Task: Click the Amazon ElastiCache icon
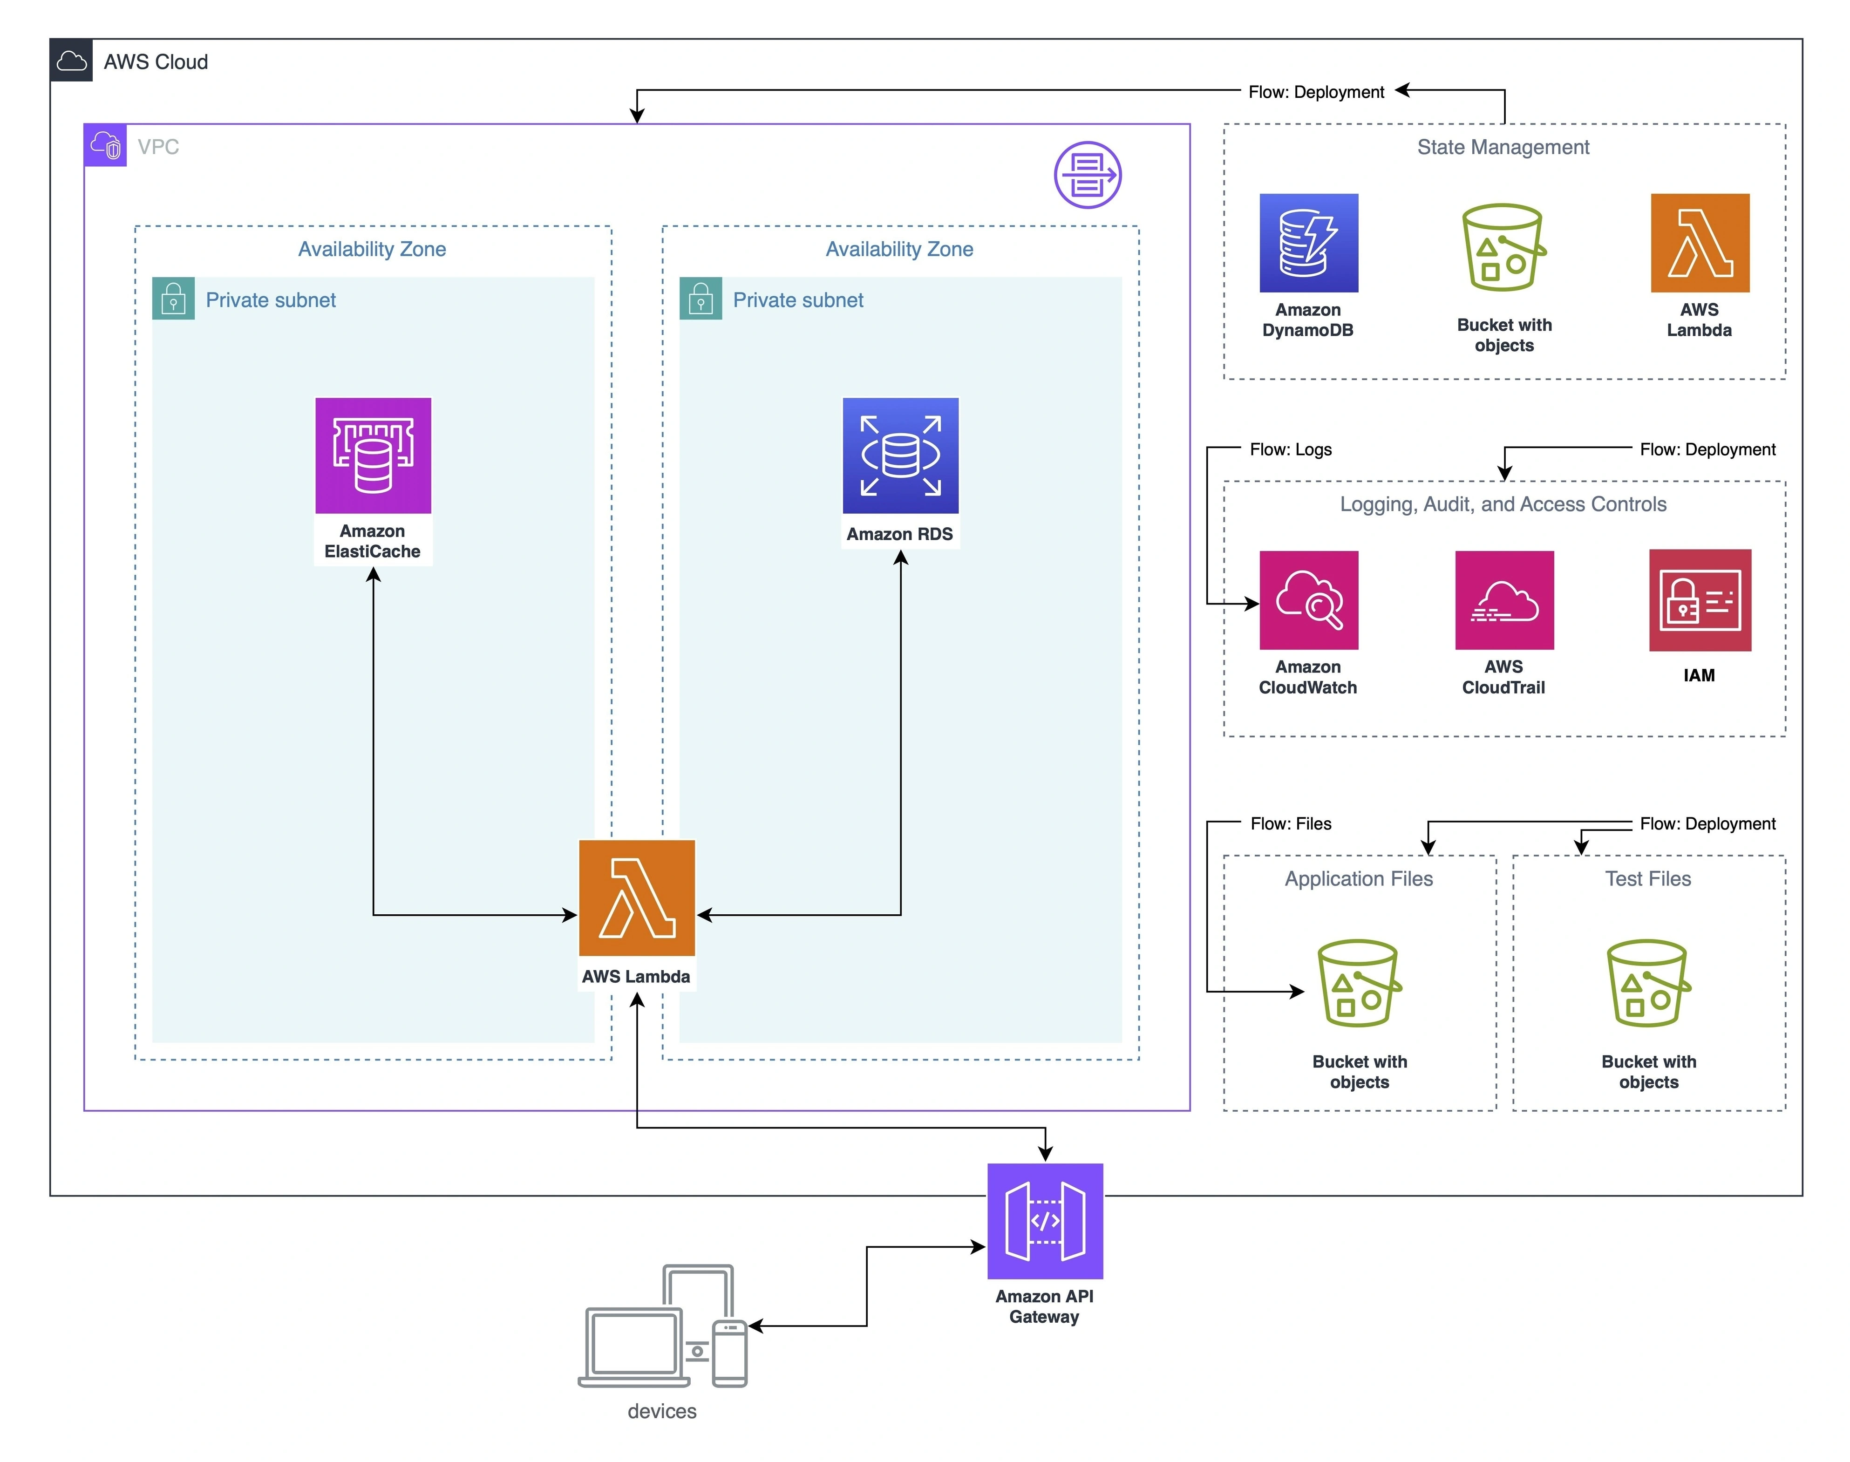[x=373, y=456]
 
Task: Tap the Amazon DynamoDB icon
[x=1308, y=243]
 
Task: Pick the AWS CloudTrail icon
[x=1504, y=600]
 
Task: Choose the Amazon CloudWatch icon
[x=1308, y=600]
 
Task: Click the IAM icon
[x=1700, y=600]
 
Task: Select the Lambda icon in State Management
[x=1700, y=243]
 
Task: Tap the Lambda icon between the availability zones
[x=637, y=898]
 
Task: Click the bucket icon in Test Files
[x=1648, y=984]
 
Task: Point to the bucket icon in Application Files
[x=1359, y=984]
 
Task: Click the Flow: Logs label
[x=1290, y=449]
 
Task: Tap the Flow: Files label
[x=1290, y=823]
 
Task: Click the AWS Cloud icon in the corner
[x=71, y=61]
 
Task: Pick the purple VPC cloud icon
[x=105, y=145]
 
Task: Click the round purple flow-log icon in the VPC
[x=1087, y=175]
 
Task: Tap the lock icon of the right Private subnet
[x=701, y=299]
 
